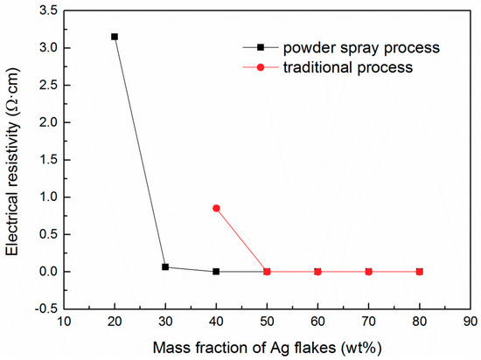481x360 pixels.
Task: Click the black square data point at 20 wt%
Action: tap(115, 37)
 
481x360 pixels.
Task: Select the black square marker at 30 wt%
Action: tap(165, 267)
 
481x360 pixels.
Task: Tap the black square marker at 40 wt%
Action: tap(216, 272)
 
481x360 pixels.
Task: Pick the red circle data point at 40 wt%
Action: tap(216, 208)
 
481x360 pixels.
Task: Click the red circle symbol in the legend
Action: tap(260, 66)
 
